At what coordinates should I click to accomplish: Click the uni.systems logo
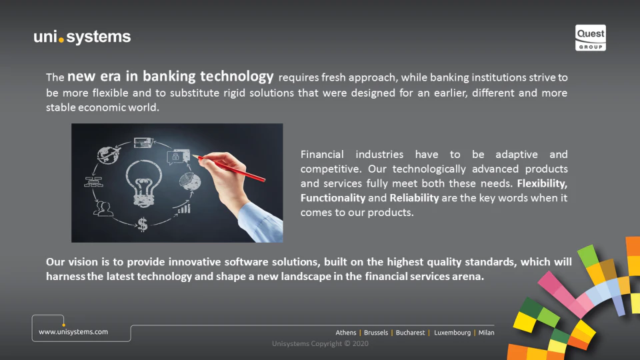pos(82,37)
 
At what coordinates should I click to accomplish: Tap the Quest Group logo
pos(590,37)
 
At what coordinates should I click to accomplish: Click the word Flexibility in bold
pos(542,183)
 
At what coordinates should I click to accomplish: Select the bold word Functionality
pos(333,198)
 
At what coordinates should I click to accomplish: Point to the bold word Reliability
pos(414,198)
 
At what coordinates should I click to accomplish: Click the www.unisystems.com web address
pos(73,332)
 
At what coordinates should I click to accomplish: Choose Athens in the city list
pos(346,333)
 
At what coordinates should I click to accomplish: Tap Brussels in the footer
pos(376,333)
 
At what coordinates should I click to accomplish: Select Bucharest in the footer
pos(410,333)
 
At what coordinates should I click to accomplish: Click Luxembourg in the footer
pos(452,333)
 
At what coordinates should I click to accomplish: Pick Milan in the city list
pos(486,333)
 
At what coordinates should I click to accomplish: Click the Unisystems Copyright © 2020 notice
pos(320,344)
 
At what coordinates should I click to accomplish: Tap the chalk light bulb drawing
pos(143,183)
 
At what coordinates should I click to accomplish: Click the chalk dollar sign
pos(143,224)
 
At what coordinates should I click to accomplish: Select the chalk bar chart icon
pos(184,209)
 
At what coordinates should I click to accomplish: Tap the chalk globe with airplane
pos(109,155)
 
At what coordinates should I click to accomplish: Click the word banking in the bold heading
pos(169,76)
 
